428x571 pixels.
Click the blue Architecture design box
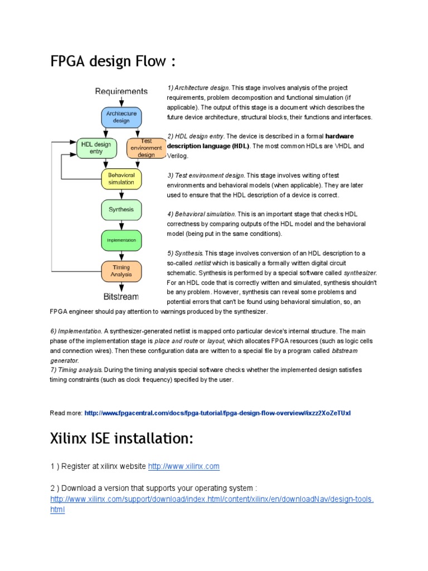point(121,117)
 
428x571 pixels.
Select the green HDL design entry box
point(96,148)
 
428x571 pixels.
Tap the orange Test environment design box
point(146,148)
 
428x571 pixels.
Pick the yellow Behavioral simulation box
point(121,178)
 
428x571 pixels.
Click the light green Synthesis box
point(121,210)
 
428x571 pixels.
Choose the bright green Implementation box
point(121,240)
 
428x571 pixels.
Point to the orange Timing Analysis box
point(121,271)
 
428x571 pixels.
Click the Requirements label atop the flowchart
point(121,91)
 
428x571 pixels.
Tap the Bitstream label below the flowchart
point(121,296)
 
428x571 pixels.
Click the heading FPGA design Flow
point(113,61)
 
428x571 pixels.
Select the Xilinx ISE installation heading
point(121,439)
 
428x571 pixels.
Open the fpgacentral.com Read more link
point(217,413)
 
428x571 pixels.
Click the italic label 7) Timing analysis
point(76,370)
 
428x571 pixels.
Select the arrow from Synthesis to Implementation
point(121,225)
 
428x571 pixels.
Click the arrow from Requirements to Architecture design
point(121,101)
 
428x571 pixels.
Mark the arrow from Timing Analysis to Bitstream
point(121,287)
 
